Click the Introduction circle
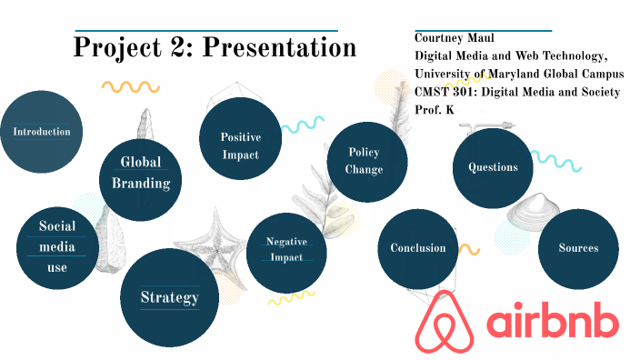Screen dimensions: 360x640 point(41,132)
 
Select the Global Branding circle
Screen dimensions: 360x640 point(141,180)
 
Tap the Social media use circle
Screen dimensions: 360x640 point(57,246)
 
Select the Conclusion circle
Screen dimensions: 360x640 point(418,248)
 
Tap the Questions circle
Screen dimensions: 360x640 point(493,167)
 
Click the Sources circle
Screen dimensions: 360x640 point(578,248)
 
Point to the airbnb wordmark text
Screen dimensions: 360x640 point(553,324)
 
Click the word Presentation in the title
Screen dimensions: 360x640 point(279,47)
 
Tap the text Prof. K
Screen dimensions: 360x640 point(434,109)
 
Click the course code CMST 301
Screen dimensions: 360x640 point(443,92)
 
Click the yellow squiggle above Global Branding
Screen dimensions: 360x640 point(130,87)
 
